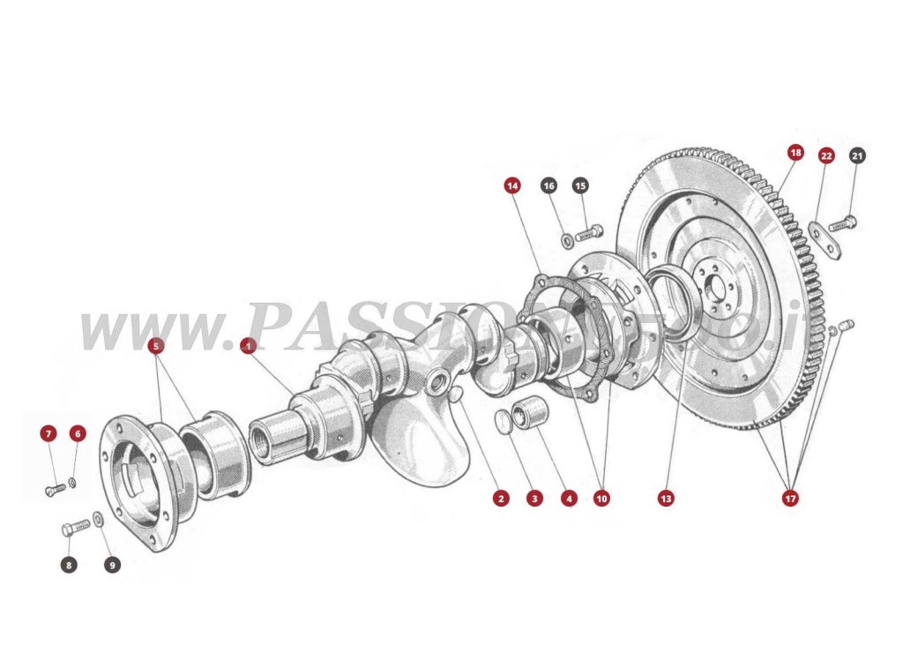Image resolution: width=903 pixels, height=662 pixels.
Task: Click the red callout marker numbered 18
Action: point(795,153)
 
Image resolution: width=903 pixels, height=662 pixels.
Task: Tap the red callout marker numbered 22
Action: point(826,155)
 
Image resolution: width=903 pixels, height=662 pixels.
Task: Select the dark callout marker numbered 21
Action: point(857,155)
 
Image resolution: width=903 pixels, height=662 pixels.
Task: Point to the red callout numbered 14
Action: point(512,185)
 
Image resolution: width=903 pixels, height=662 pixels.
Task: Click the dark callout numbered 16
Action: point(549,185)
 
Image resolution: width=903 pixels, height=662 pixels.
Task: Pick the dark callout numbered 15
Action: point(580,185)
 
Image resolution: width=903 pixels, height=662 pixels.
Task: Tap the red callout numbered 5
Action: point(156,346)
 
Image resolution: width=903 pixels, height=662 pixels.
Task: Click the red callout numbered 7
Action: point(49,433)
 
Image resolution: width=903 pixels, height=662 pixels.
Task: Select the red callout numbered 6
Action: point(78,433)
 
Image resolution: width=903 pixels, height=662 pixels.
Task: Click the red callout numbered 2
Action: point(501,499)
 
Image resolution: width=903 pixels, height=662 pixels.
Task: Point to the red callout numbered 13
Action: point(666,499)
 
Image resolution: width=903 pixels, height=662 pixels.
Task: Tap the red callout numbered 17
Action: point(790,499)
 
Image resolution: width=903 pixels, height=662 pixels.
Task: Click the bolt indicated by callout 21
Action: point(843,222)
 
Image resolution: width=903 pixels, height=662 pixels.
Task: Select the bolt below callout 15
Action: point(589,235)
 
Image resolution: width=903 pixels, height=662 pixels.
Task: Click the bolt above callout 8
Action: point(77,527)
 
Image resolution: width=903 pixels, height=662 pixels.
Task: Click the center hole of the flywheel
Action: point(717,286)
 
